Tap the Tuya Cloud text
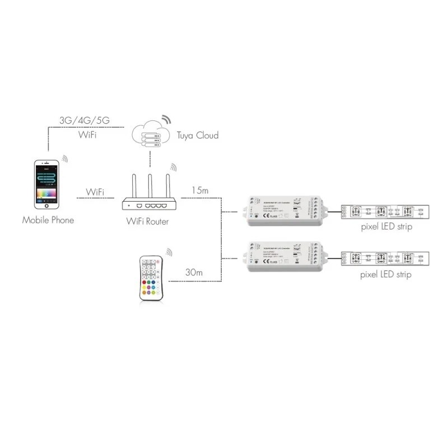[x=198, y=136]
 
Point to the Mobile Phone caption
[x=48, y=220]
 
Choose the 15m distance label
[x=200, y=190]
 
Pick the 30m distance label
[x=194, y=273]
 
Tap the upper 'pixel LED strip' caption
[x=386, y=228]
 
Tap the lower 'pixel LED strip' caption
[x=386, y=275]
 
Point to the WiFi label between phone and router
[x=95, y=192]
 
